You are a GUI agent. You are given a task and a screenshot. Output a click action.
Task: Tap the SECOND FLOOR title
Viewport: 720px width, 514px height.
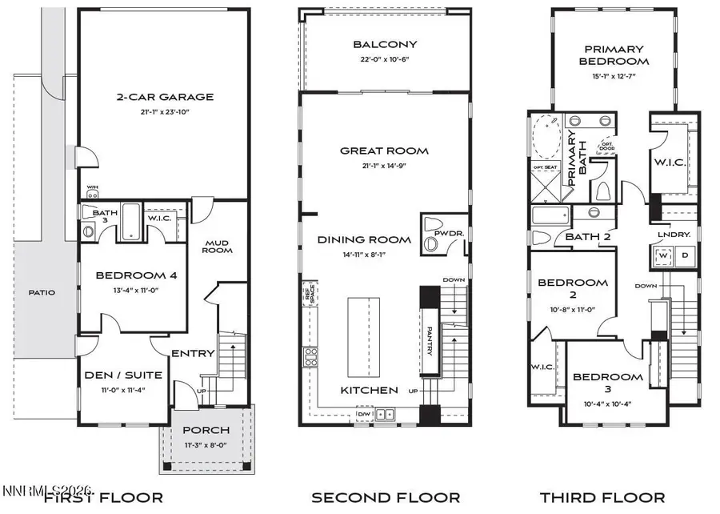coord(386,497)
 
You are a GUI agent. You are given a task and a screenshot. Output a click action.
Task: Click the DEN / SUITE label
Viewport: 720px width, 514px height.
coord(124,375)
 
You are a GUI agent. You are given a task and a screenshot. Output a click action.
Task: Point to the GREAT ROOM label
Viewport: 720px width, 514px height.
coord(384,151)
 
